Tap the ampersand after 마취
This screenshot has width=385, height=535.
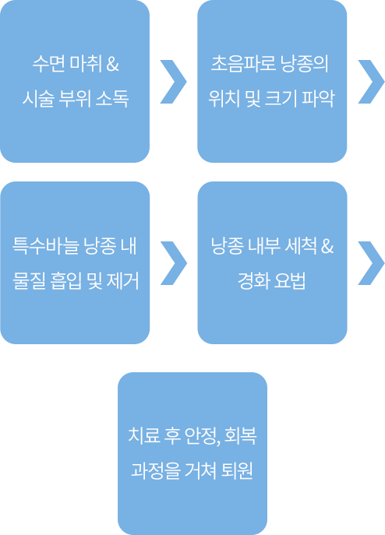coord(112,64)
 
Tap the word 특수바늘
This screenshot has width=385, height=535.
coord(46,245)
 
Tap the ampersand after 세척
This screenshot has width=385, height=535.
coord(327,246)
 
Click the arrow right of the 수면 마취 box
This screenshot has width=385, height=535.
coord(174,82)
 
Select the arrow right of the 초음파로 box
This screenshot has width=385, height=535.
coord(371,82)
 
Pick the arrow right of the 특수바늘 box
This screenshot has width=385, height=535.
coord(174,263)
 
